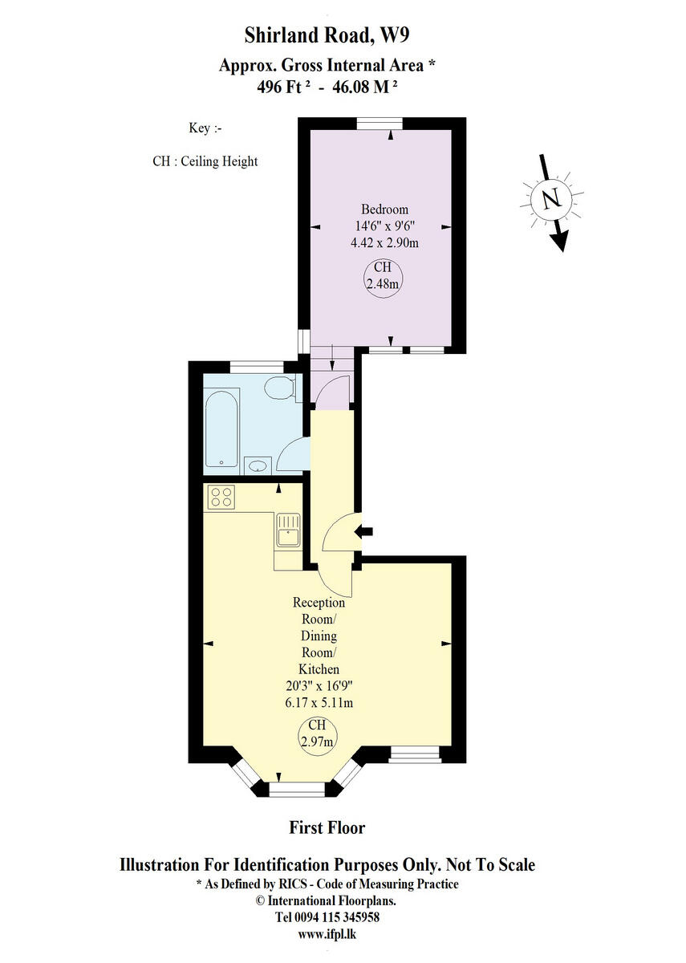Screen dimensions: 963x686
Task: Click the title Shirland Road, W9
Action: coord(327,35)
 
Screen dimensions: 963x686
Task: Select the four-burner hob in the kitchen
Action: coord(221,498)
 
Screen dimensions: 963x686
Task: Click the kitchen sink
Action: coord(287,531)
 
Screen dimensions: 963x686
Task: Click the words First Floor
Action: coord(327,827)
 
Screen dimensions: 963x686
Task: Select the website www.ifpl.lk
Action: coord(327,934)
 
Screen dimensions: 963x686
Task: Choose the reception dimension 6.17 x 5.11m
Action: coord(319,703)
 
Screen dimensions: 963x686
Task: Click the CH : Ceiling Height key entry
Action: coord(205,161)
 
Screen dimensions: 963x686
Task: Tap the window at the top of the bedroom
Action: coord(380,123)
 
